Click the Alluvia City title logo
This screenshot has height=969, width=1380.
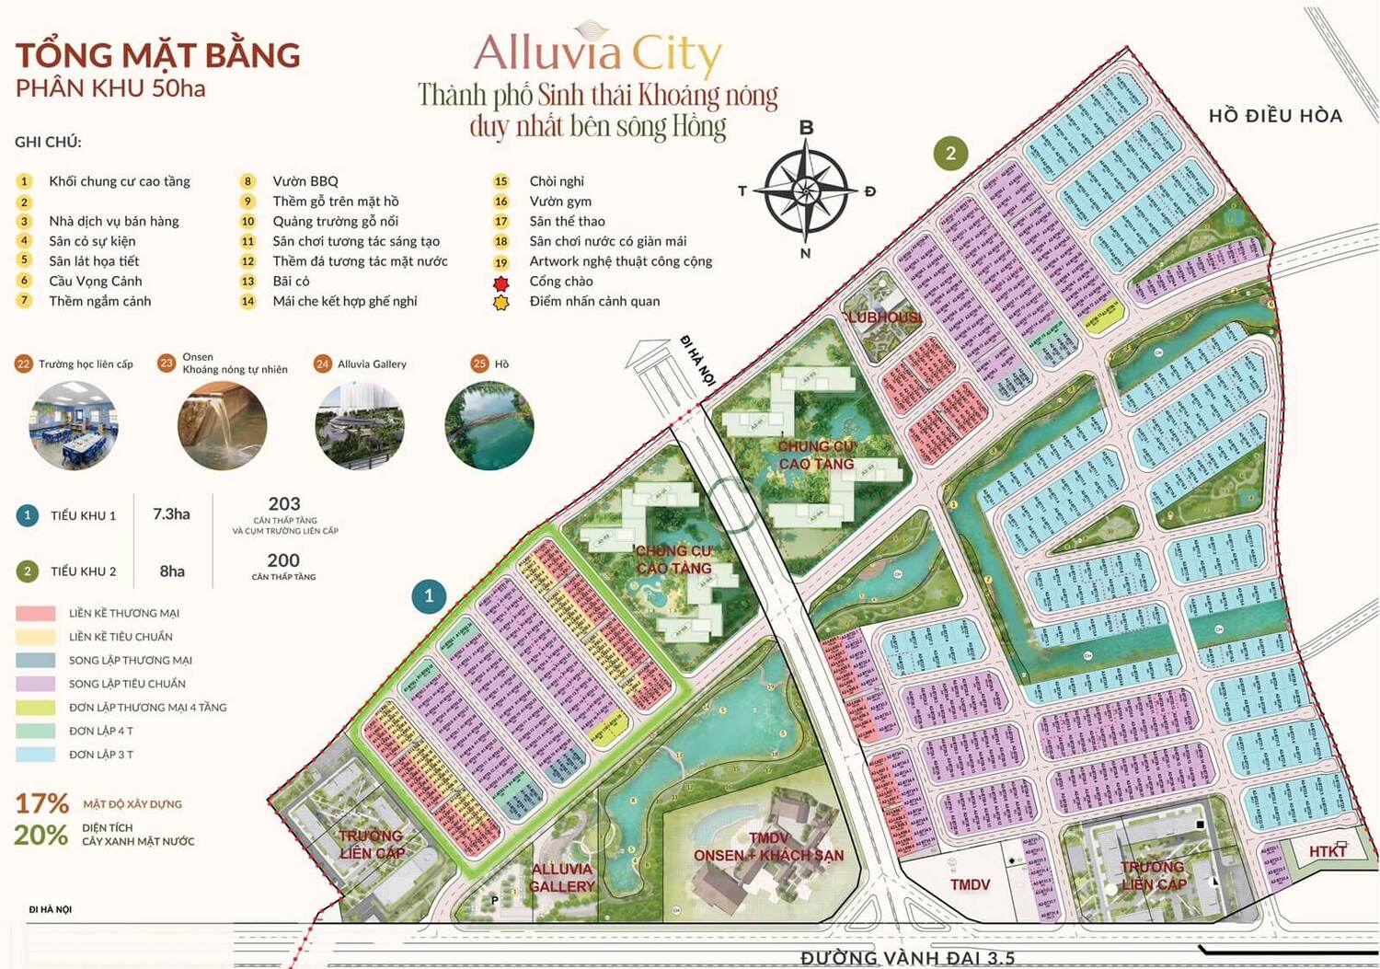(598, 52)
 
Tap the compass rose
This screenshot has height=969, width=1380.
(806, 191)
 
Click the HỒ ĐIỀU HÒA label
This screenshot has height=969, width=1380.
(1275, 116)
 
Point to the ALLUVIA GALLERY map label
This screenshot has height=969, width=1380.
(561, 877)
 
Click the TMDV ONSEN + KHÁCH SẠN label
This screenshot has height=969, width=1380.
(769, 847)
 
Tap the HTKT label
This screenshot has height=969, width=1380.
(1328, 851)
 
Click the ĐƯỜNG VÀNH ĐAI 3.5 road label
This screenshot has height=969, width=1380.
(907, 957)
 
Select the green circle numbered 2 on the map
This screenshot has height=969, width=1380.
(950, 153)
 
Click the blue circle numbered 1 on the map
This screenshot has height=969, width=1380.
(429, 596)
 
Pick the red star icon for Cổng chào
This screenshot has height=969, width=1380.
(501, 283)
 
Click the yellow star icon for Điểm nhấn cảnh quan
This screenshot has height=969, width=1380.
(501, 302)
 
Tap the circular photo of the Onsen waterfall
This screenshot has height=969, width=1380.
(222, 425)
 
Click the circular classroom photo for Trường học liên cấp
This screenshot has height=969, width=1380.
(74, 425)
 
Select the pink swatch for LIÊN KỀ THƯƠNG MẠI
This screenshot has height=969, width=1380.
(36, 613)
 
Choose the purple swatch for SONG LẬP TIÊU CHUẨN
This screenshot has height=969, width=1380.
(36, 684)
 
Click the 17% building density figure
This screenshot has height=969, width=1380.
(41, 803)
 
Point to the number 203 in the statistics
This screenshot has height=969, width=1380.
(284, 504)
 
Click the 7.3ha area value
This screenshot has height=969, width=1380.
(171, 514)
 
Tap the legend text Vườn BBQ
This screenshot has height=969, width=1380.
(305, 181)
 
